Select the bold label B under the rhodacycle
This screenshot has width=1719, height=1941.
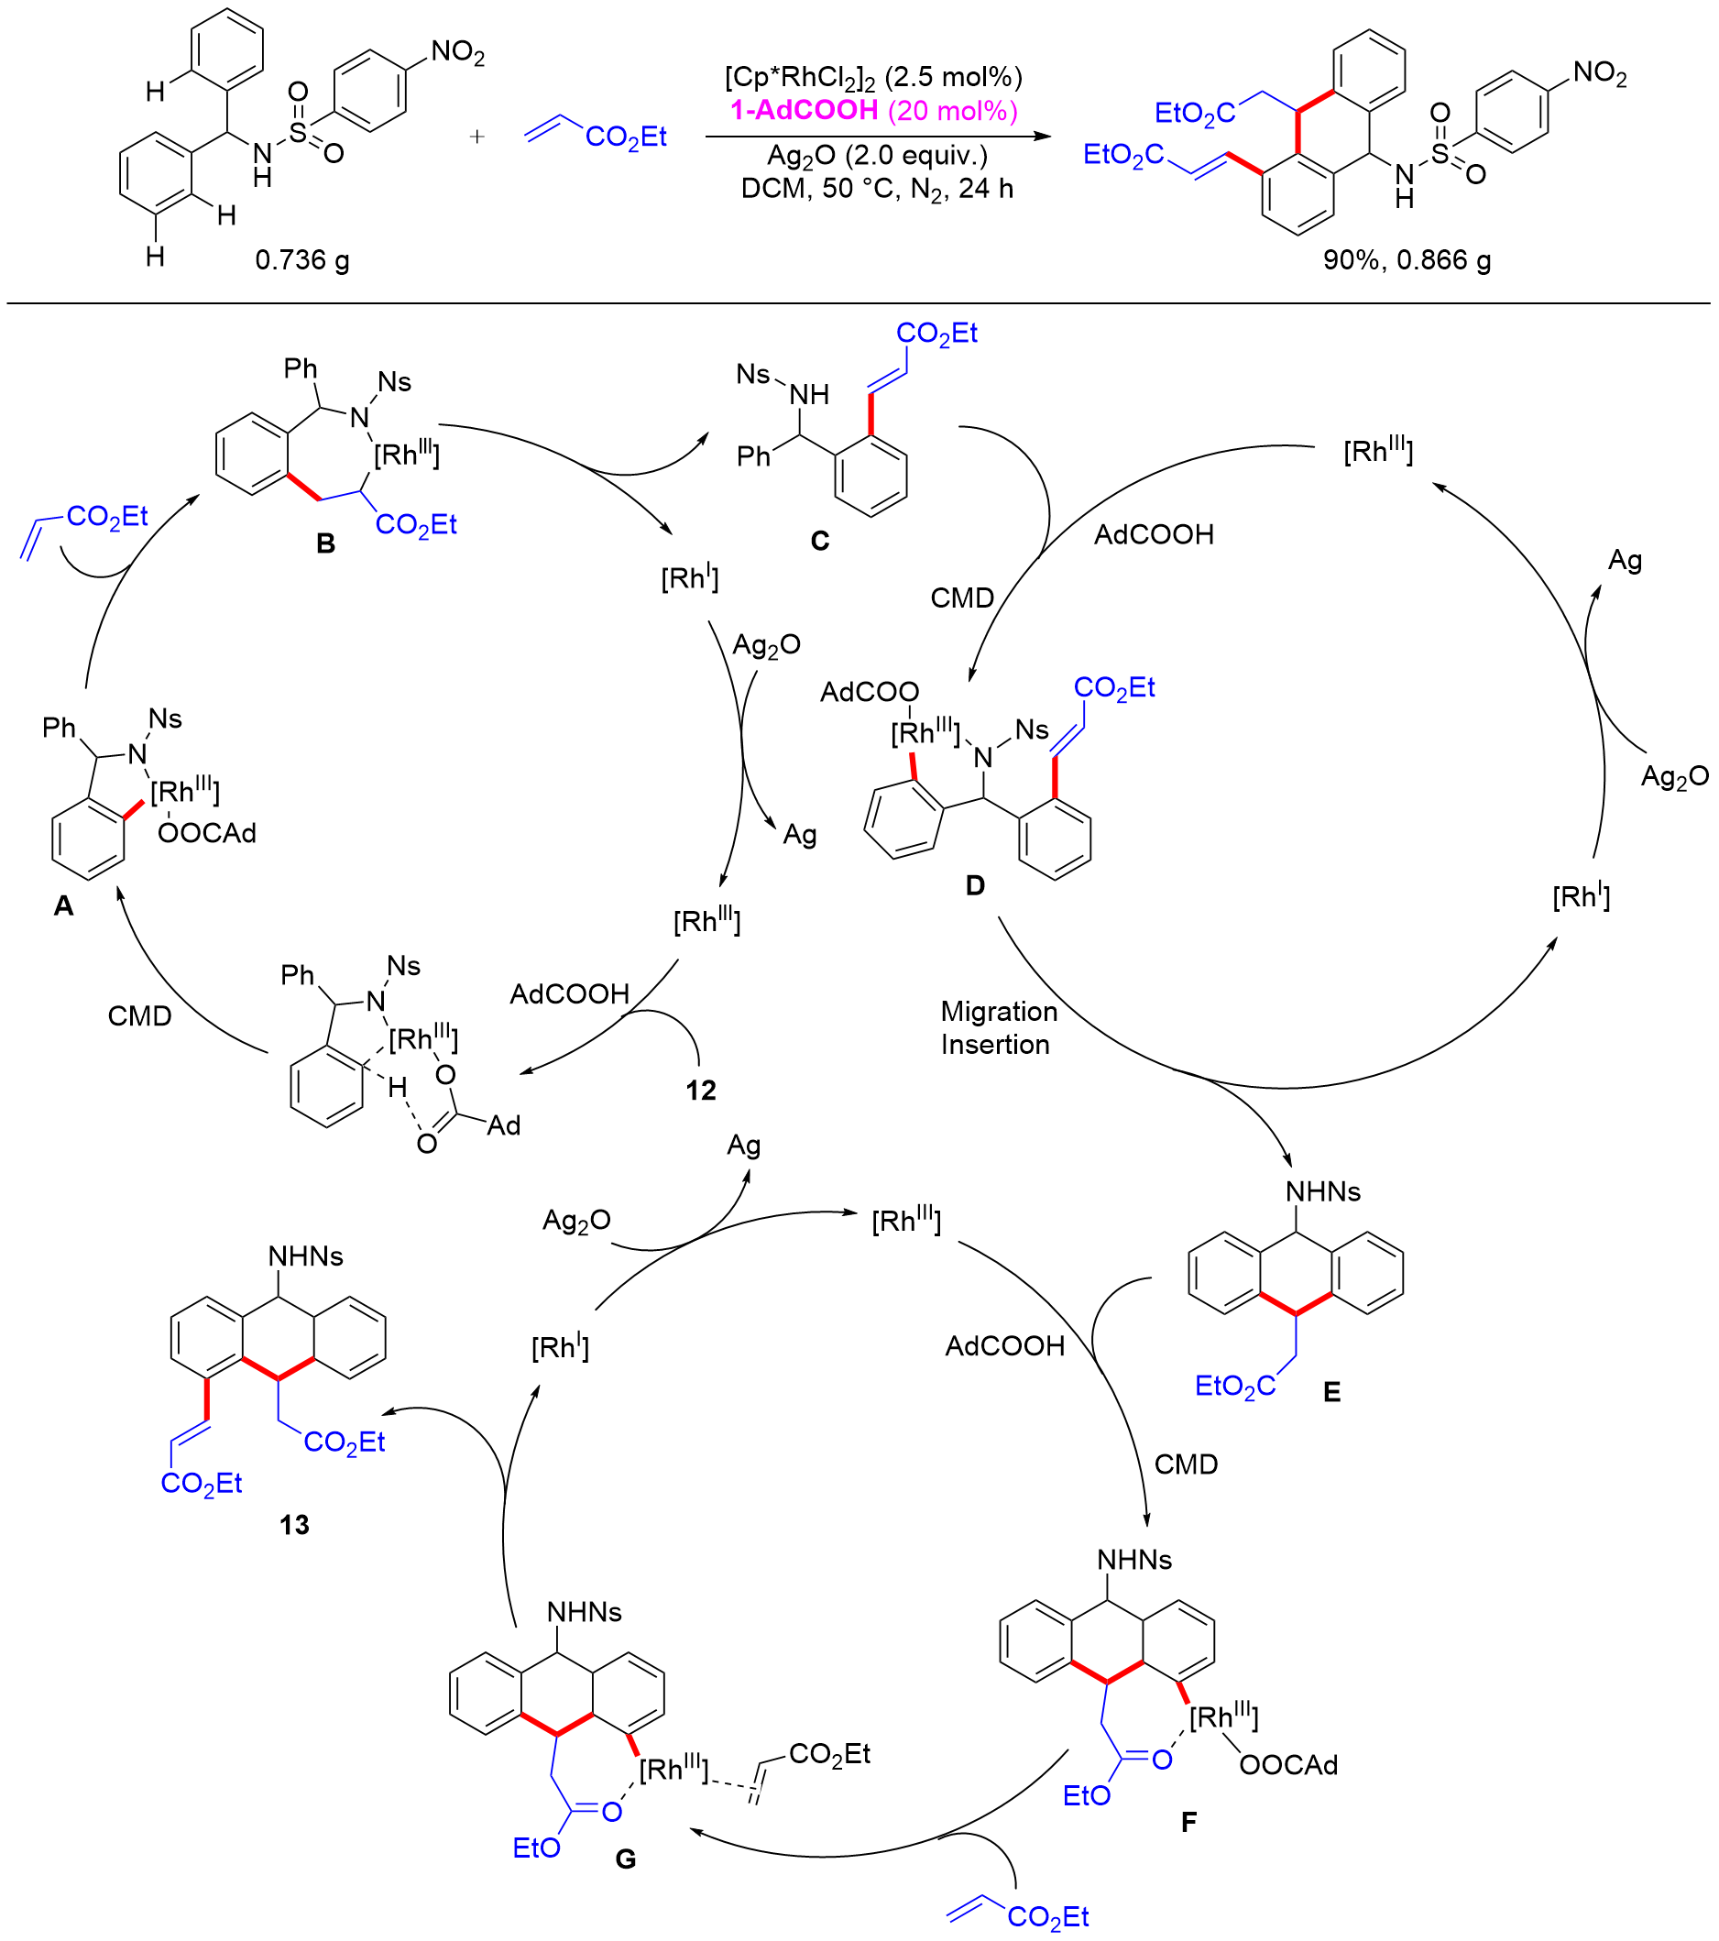(326, 544)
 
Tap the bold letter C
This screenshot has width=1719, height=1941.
(819, 542)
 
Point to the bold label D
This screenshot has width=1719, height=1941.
(975, 886)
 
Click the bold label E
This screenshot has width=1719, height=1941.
(1332, 1392)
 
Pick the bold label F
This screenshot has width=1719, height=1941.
(1189, 1821)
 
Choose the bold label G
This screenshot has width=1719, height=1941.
(626, 1859)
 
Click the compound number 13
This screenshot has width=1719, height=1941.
(294, 1525)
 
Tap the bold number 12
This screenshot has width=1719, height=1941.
(701, 1091)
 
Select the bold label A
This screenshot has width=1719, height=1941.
(63, 906)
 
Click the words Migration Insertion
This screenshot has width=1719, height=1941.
(998, 1027)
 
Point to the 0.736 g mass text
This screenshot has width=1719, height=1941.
(302, 260)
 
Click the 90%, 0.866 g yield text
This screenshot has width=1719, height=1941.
(1407, 260)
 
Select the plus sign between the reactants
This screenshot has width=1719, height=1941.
(476, 137)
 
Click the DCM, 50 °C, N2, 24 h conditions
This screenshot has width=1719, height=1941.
(877, 189)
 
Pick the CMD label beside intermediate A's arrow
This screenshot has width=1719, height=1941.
(139, 1016)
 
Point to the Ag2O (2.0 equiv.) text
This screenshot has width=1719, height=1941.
(877, 156)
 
